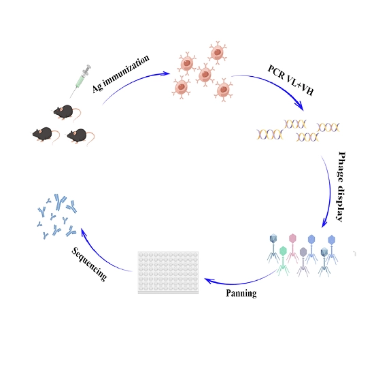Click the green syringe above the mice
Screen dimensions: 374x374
(x=81, y=81)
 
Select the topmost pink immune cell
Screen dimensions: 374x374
(x=218, y=52)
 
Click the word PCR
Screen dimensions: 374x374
(x=276, y=72)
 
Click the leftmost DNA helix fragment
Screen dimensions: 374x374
(x=270, y=134)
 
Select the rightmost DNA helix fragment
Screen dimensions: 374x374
(x=328, y=127)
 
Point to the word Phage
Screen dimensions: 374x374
(x=342, y=167)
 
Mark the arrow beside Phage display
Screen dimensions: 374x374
(x=329, y=191)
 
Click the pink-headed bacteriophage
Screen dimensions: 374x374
(x=292, y=248)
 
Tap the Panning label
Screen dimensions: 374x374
(x=241, y=293)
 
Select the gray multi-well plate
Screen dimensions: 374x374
(x=168, y=273)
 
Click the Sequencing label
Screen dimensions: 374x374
(x=89, y=264)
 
